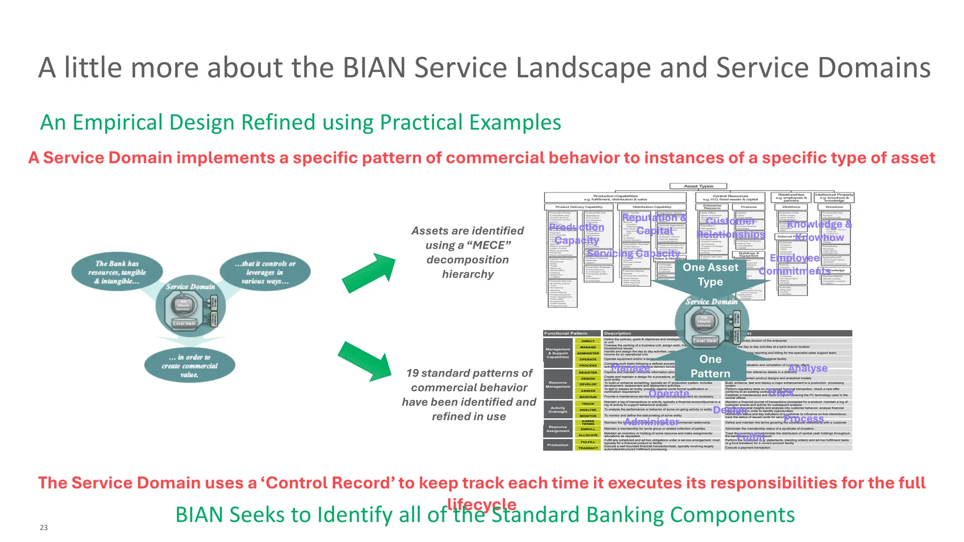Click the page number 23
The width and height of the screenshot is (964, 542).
click(x=44, y=527)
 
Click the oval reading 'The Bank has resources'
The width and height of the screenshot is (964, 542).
click(x=117, y=272)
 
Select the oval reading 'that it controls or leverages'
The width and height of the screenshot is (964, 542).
click(x=265, y=272)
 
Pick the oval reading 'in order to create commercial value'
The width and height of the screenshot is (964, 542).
click(x=190, y=366)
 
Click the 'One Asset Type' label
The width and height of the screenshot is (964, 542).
click(x=710, y=274)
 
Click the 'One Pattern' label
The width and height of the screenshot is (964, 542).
click(x=710, y=366)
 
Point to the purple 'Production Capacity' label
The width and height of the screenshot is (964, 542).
click(x=577, y=234)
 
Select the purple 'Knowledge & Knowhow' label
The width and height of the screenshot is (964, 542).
click(x=819, y=231)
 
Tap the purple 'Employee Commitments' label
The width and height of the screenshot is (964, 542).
click(x=795, y=264)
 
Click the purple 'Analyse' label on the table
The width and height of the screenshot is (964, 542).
click(x=808, y=368)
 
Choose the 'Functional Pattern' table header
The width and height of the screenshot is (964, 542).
click(x=566, y=333)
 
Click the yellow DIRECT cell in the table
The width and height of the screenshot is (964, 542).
click(x=588, y=341)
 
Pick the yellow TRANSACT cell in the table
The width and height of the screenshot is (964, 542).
click(x=588, y=448)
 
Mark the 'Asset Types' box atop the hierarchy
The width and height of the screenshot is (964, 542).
click(x=699, y=186)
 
